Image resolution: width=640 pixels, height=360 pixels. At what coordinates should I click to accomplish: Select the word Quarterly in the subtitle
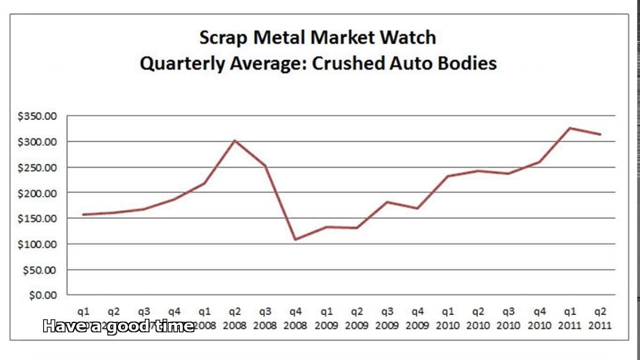(x=182, y=63)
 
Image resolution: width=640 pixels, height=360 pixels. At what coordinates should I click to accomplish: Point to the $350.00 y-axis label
(x=37, y=116)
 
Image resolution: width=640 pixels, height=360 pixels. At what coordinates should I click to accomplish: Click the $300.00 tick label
(x=37, y=142)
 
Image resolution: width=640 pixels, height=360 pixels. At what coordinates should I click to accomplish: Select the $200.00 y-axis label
(x=37, y=193)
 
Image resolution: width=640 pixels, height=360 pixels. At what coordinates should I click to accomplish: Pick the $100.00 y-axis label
(x=37, y=244)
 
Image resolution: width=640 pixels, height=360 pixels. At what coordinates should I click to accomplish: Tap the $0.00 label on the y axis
(x=43, y=295)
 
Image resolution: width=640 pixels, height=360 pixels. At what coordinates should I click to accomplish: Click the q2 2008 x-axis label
(x=235, y=318)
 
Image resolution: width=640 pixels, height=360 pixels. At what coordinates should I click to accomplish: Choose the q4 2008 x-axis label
(x=295, y=318)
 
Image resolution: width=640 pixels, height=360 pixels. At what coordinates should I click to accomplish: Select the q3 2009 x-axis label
(x=387, y=318)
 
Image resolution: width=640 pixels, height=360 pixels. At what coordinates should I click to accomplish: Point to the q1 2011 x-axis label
(x=569, y=318)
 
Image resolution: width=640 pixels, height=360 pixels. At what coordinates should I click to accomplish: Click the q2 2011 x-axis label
(x=600, y=318)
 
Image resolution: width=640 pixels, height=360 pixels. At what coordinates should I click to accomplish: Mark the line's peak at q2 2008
(x=235, y=140)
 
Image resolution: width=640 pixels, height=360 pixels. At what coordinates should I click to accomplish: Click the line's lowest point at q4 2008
(x=295, y=239)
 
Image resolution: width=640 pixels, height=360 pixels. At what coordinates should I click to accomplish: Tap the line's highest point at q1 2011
(x=569, y=128)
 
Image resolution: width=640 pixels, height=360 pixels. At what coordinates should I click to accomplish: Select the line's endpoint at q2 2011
(x=600, y=134)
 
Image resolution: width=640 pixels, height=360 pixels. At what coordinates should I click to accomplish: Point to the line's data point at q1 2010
(x=448, y=176)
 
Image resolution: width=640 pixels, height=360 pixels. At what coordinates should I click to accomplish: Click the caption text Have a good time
(x=118, y=326)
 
